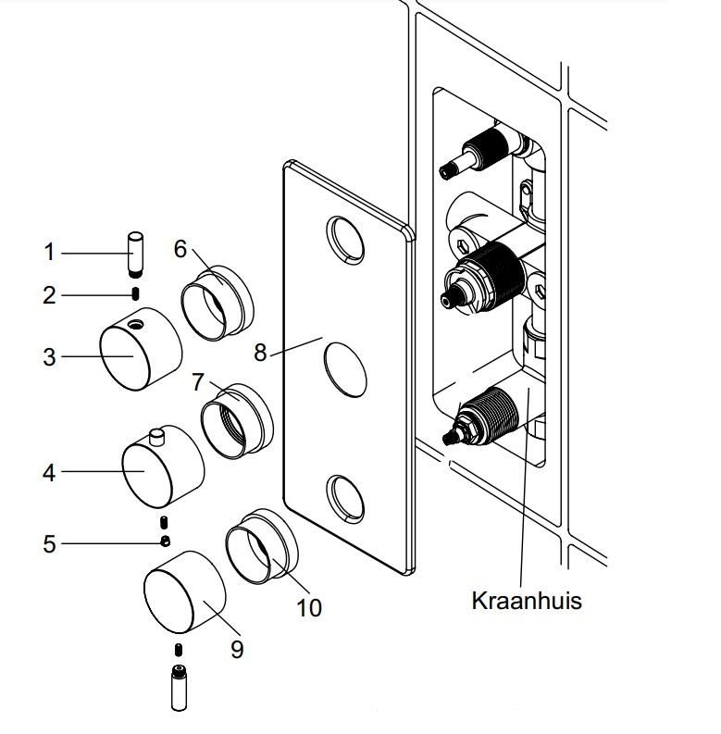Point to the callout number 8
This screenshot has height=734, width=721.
pos(260,352)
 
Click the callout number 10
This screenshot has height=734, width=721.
pos(309,607)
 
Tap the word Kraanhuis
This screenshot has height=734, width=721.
pos(527,600)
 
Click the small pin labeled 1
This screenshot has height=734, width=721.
pos(135,251)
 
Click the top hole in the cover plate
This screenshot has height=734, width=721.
pos(343,238)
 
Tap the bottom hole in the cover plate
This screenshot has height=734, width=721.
pos(344,498)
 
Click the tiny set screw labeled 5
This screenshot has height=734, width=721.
pos(165,541)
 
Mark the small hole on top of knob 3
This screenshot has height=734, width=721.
pos(136,324)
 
